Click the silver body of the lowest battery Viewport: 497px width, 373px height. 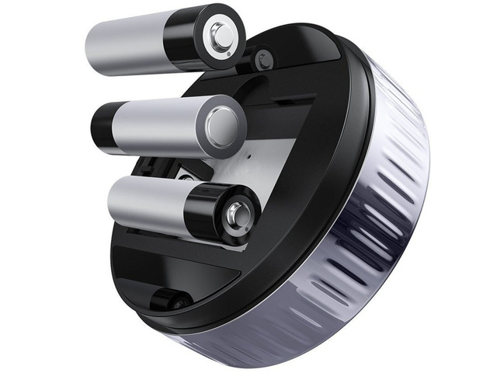(144, 204)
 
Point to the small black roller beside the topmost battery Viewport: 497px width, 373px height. (263, 59)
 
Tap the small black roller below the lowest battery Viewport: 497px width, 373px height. (169, 300)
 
